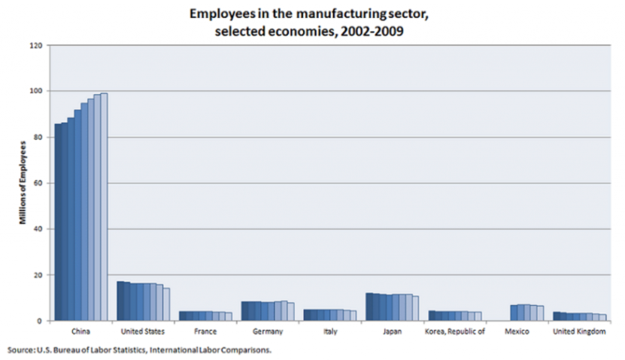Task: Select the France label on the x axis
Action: click(x=205, y=331)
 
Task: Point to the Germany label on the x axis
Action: click(x=267, y=331)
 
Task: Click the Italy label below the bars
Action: click(x=329, y=331)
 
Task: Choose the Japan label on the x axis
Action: click(x=392, y=331)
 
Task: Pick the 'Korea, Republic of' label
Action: click(x=454, y=331)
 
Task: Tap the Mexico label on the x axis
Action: click(x=516, y=331)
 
